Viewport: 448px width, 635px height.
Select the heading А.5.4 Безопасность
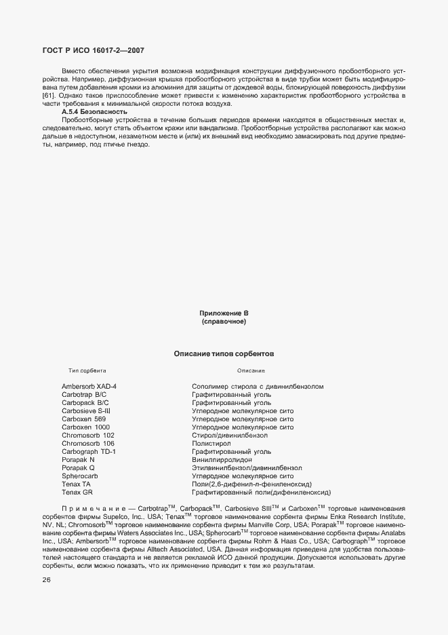pyautogui.click(x=94, y=111)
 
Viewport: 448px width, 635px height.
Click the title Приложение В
pyautogui.click(x=224, y=313)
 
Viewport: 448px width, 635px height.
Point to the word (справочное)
pyautogui.click(x=224, y=322)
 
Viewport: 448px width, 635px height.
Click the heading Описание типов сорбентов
pyautogui.click(x=224, y=353)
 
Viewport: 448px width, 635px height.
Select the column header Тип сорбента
pyautogui.click(x=87, y=371)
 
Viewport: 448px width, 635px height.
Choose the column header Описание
pyautogui.click(x=251, y=371)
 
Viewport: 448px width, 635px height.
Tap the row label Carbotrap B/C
pyautogui.click(x=84, y=395)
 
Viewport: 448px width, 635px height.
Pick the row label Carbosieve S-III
pyautogui.click(x=86, y=411)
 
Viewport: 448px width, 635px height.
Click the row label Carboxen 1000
pyautogui.click(x=85, y=427)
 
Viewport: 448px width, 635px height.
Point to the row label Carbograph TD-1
pyautogui.click(x=89, y=452)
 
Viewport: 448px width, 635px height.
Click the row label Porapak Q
pyautogui.click(x=78, y=468)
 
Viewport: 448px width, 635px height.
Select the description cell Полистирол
pyautogui.click(x=210, y=444)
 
